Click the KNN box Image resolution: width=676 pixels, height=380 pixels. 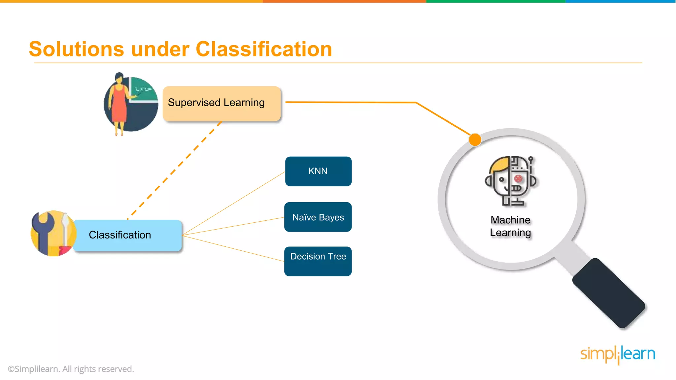[318, 171]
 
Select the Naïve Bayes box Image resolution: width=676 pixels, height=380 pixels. [318, 217]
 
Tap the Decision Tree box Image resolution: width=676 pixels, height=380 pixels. [318, 261]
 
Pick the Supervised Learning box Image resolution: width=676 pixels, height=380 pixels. [221, 103]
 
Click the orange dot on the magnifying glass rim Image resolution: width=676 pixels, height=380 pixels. [475, 140]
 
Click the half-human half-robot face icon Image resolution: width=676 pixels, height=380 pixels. [511, 180]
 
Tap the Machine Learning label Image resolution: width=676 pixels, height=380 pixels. [510, 226]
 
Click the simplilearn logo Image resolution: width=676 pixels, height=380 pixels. [617, 354]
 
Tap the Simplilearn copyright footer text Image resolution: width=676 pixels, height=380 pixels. [71, 369]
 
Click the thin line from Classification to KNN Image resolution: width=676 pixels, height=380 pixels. [234, 203]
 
